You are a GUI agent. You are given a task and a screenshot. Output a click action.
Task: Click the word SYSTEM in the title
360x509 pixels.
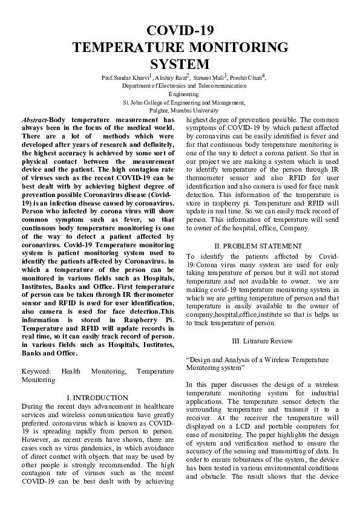click(180, 64)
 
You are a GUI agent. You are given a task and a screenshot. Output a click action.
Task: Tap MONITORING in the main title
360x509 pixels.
click(232, 48)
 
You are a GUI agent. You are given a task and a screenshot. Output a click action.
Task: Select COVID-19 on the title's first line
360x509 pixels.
click(180, 31)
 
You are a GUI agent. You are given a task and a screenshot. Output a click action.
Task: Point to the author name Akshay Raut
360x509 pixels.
click(171, 78)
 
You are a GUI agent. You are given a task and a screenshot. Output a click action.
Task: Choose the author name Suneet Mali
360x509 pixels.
click(208, 78)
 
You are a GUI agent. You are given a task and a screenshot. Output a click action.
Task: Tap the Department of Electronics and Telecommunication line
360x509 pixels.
click(180, 86)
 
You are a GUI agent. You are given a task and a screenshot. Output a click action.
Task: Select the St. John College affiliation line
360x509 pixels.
click(180, 103)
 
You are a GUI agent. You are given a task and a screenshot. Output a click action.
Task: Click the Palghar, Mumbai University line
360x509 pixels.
click(180, 111)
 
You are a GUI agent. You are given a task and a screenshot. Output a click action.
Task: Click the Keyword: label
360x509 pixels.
click(36, 371)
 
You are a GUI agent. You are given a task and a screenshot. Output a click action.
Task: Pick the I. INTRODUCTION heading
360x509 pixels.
click(97, 398)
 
